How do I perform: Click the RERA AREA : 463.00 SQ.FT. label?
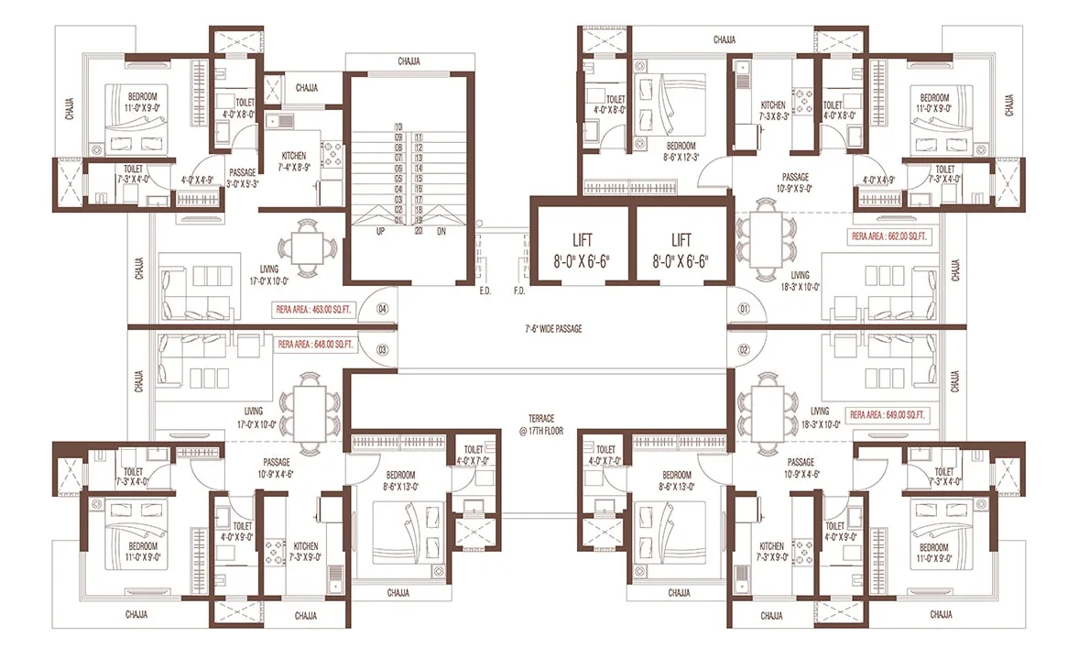(x=314, y=310)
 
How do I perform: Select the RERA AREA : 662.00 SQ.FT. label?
(x=888, y=236)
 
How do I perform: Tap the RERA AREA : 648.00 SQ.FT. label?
(x=314, y=346)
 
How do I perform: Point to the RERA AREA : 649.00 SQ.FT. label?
(x=888, y=415)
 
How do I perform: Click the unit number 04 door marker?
(x=383, y=308)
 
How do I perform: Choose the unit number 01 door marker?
(x=744, y=309)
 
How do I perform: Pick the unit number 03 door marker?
(x=383, y=349)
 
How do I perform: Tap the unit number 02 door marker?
(x=744, y=349)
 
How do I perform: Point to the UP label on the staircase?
(x=380, y=231)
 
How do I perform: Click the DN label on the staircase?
(x=442, y=231)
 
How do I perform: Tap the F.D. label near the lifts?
(x=519, y=291)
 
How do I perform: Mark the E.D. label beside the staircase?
(x=485, y=291)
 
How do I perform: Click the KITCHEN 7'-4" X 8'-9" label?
(x=293, y=161)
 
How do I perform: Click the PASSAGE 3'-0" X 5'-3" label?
(x=243, y=177)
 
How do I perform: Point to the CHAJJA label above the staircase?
(x=409, y=61)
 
